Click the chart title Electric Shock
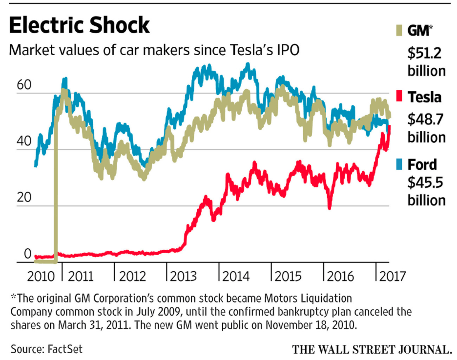80,25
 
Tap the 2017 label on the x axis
392,276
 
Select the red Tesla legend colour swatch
402,98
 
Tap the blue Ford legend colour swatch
402,164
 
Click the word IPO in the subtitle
283,50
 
